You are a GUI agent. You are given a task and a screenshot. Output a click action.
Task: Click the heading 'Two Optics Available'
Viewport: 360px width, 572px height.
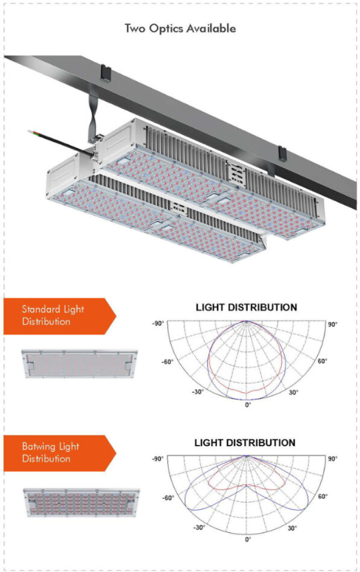(x=180, y=29)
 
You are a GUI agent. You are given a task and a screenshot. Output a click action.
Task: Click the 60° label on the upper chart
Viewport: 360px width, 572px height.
(x=322, y=361)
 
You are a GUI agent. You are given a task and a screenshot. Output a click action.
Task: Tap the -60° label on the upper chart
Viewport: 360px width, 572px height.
(x=169, y=361)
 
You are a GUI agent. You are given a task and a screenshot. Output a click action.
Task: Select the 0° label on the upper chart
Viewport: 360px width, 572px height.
(x=248, y=405)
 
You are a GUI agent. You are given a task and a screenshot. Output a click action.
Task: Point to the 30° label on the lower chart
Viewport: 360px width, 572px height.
(x=293, y=528)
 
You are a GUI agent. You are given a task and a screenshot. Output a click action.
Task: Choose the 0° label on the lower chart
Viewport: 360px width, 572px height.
(x=248, y=540)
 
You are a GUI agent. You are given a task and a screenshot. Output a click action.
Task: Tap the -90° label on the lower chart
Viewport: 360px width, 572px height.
(x=156, y=459)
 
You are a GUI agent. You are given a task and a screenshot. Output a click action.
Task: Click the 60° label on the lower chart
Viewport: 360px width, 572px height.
(x=322, y=497)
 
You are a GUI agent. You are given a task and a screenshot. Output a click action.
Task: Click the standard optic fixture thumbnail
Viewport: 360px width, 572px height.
(x=80, y=363)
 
